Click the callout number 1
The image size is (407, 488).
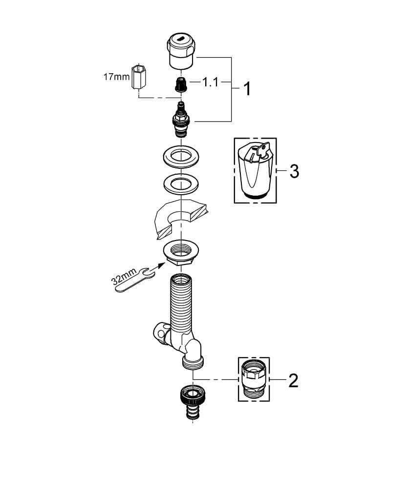[247, 89]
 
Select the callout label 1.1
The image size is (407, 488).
[210, 82]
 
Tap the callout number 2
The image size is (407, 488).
[293, 380]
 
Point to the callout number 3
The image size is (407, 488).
[294, 171]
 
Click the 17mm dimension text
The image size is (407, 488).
[116, 77]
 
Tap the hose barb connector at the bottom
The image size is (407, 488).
[190, 402]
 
